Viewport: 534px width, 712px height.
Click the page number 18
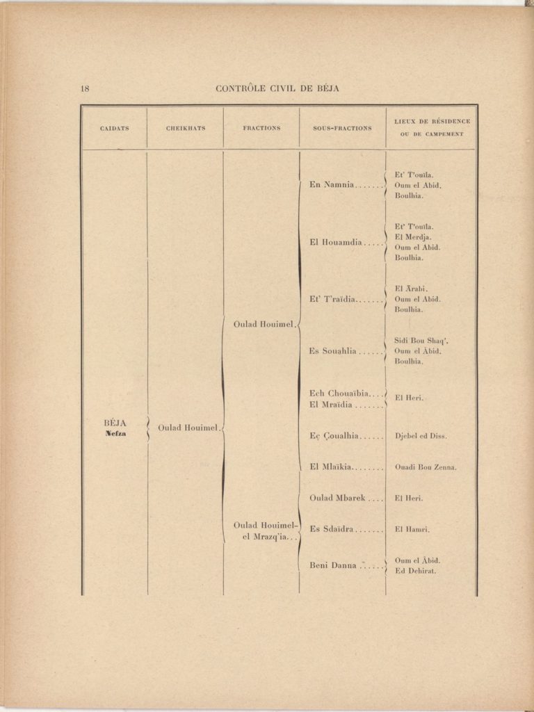tap(85, 88)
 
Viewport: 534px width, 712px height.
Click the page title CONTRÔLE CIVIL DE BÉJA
tap(277, 88)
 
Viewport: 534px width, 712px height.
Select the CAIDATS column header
tap(114, 128)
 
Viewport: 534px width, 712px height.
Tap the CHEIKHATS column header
tap(186, 128)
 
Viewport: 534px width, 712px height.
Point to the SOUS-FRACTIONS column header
tap(342, 128)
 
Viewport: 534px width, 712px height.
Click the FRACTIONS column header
tap(261, 128)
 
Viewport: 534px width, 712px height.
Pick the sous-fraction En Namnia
tap(332, 185)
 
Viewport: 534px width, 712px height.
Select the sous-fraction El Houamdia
tap(336, 243)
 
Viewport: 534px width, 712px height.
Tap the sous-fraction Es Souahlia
tap(333, 351)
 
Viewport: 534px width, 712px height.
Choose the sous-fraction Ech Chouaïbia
tap(339, 394)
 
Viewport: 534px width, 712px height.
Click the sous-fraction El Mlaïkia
tap(331, 467)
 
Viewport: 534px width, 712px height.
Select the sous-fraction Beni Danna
tap(333, 565)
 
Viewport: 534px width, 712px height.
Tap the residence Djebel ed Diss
tap(421, 437)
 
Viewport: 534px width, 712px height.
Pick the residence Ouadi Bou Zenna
tap(426, 467)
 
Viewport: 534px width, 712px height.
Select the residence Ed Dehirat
tap(415, 571)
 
